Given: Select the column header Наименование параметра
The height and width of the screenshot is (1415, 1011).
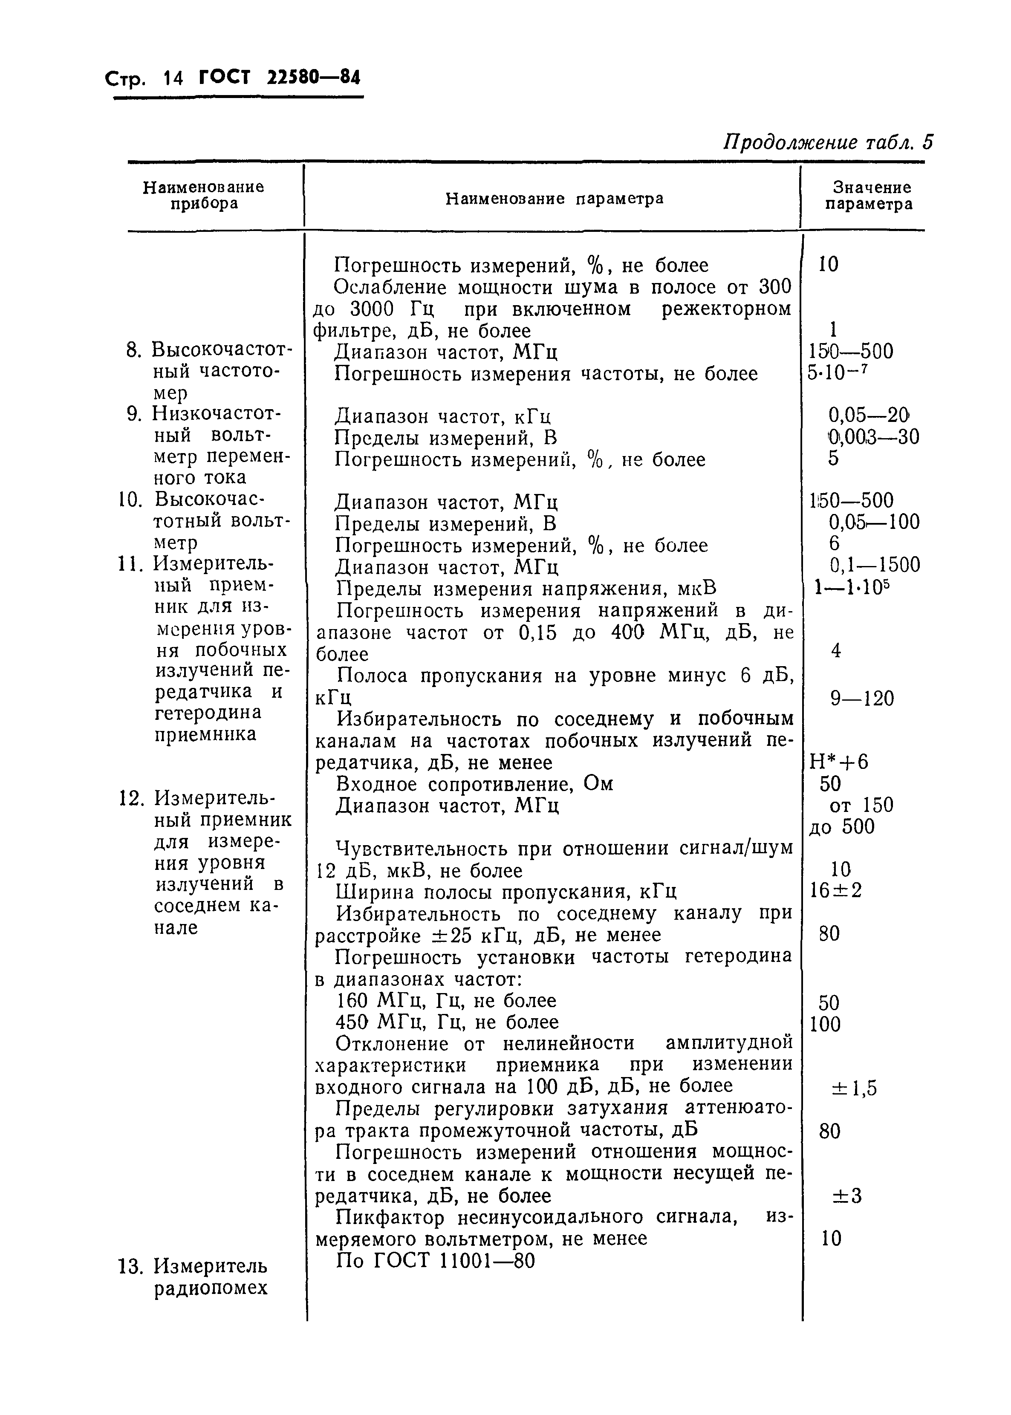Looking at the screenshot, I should tap(555, 199).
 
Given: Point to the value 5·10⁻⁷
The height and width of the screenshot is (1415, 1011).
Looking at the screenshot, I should tap(837, 373).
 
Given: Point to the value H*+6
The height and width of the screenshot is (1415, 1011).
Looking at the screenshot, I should tap(838, 762).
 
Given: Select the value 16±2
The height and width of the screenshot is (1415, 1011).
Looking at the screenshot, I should tap(835, 891).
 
